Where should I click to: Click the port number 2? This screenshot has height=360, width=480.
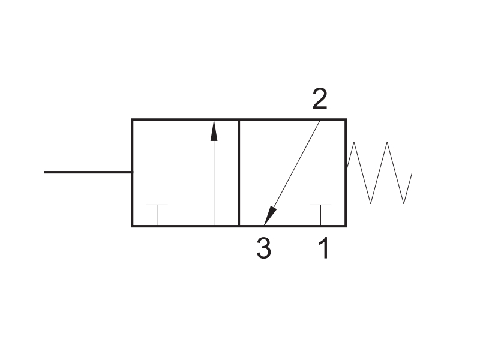click(320, 98)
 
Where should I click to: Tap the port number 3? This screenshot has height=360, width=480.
click(264, 248)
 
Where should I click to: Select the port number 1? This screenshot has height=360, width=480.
click(324, 248)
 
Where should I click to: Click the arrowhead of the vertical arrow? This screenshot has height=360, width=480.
click(214, 131)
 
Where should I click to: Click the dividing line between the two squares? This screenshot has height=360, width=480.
click(238, 173)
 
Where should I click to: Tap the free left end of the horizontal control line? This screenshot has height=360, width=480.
click(44, 172)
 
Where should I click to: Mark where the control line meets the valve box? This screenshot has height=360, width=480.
click(132, 172)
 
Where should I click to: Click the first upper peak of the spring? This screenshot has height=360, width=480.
click(354, 142)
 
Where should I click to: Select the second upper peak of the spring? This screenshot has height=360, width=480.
click(387, 142)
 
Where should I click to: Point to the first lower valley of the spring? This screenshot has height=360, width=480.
click(371, 203)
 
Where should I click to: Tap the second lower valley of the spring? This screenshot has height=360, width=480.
click(404, 203)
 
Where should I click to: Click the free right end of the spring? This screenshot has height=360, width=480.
click(412, 173)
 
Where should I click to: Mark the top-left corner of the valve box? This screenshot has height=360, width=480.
click(132, 119)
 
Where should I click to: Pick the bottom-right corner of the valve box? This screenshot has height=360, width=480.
click(346, 226)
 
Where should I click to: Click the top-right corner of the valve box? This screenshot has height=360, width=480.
click(346, 119)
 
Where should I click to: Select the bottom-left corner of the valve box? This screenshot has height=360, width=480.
click(132, 226)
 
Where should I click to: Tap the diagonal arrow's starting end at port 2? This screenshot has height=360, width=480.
click(320, 121)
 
